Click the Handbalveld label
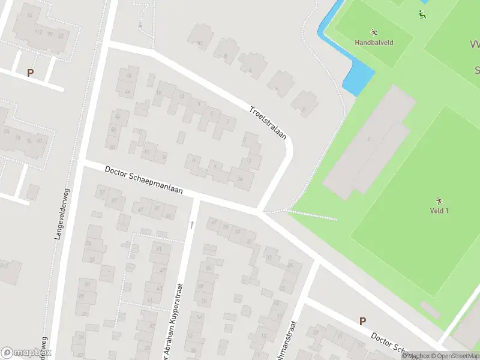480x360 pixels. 373,43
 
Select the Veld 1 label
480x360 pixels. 439,211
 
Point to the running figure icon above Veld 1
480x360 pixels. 439,200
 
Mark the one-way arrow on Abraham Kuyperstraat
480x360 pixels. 192,224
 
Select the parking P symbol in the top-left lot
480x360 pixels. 30,73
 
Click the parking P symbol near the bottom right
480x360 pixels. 362,321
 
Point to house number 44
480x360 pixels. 127,92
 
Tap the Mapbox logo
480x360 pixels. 25,353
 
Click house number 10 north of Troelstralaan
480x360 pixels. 199,43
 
